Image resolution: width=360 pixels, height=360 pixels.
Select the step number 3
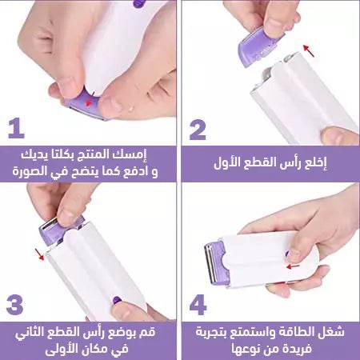tap(16, 306)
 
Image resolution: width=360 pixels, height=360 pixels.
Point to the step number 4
tap(198, 306)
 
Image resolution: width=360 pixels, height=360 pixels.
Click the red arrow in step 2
tap(310, 52)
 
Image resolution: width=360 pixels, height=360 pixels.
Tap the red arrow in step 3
tap(38, 255)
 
